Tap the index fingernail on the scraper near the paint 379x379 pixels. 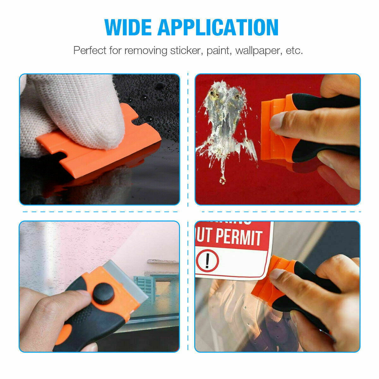[277, 121]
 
